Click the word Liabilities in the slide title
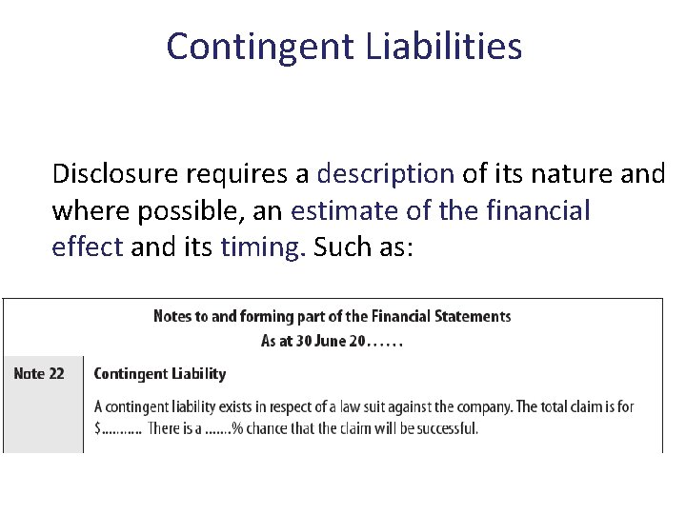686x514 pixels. (443, 46)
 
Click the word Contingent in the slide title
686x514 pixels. (260, 46)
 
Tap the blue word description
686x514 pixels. (385, 174)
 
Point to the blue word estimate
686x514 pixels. (347, 210)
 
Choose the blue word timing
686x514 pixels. (263, 247)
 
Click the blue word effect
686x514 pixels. (87, 247)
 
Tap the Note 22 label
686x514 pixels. (39, 373)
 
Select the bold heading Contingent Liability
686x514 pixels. (160, 374)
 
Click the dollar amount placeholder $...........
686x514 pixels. (98, 429)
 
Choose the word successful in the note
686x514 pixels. (445, 428)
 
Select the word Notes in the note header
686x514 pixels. (171, 317)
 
